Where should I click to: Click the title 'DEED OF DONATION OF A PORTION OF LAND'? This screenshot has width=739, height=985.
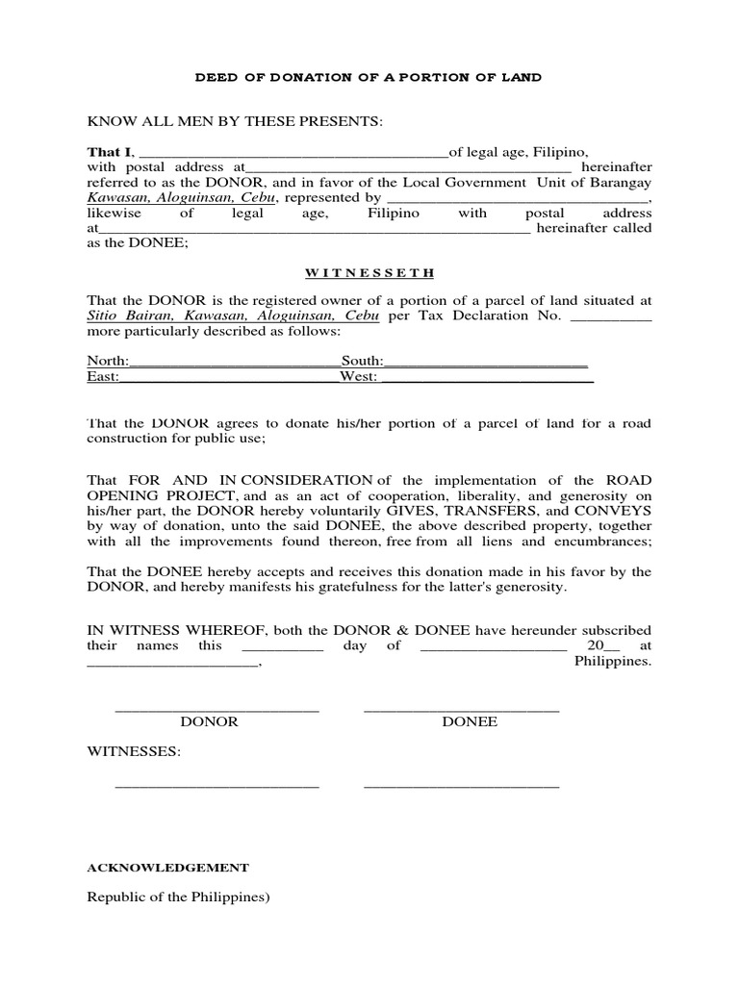[x=369, y=77]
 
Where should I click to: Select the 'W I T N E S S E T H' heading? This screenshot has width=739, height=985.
[x=369, y=272]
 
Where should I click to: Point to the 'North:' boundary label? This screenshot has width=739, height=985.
[x=107, y=361]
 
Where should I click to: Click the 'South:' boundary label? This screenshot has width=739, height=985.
[x=362, y=361]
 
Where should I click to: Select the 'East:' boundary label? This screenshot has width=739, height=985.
[x=103, y=377]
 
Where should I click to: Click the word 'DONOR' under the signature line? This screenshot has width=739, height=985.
[x=209, y=721]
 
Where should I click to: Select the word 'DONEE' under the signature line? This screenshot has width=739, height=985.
[x=470, y=721]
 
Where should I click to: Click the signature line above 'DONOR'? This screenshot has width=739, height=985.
[x=217, y=710]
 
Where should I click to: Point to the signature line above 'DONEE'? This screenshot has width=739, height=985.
[x=461, y=710]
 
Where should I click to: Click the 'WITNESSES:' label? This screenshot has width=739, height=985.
[x=134, y=750]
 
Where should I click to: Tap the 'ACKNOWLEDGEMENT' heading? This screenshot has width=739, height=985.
[x=168, y=867]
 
